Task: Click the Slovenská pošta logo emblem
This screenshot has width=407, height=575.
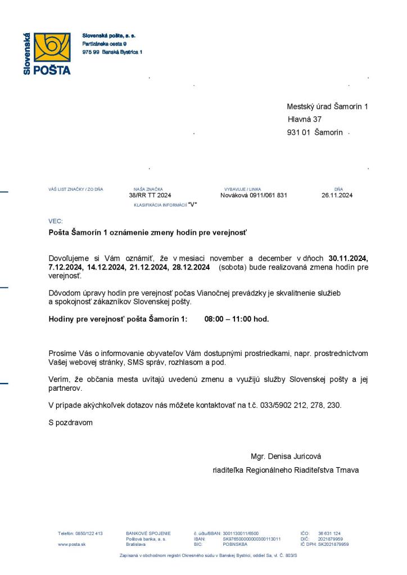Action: pos(52,47)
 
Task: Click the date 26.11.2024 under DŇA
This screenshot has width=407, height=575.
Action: pos(337,195)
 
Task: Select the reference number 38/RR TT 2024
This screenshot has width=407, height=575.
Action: pos(150,195)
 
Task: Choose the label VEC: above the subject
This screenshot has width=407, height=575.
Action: pos(56,221)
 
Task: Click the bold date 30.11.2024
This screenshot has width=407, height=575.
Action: pos(348,258)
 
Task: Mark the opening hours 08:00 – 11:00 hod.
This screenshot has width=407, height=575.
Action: pos(237,319)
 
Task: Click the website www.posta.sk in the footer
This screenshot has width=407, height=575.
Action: pos(71,544)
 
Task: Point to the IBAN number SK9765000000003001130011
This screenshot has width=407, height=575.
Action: pos(251,539)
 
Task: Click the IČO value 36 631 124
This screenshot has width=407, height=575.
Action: pos(329,533)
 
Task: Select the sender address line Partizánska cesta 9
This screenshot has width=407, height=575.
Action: pos(105,43)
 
